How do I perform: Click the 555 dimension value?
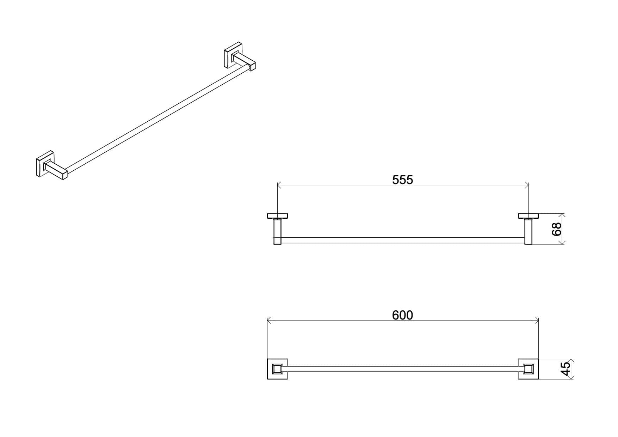click(x=402, y=180)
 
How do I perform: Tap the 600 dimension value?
click(x=402, y=315)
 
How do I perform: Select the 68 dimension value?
click(x=556, y=229)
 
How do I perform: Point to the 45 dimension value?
click(x=565, y=369)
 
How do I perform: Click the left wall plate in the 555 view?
click(x=277, y=216)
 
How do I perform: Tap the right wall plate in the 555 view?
click(x=529, y=216)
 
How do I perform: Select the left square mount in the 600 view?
click(x=277, y=369)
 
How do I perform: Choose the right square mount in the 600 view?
click(x=529, y=369)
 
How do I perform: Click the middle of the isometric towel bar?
click(x=158, y=119)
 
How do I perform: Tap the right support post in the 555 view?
click(x=528, y=231)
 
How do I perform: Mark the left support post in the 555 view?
click(x=277, y=231)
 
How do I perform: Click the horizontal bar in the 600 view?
click(x=403, y=369)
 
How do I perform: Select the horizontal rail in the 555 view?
click(x=403, y=240)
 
